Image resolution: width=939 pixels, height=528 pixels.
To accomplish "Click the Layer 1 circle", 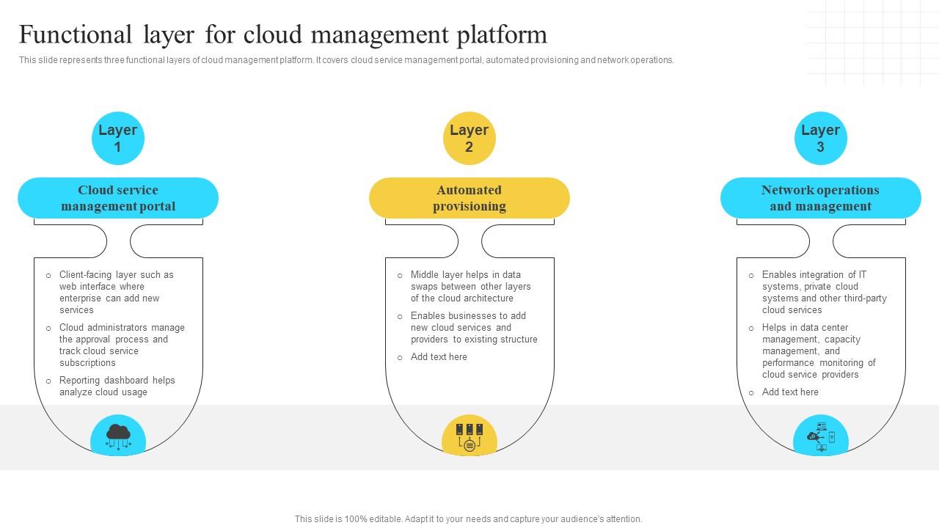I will pos(118,138).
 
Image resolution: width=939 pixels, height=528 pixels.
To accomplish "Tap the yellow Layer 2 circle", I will pos(469,138).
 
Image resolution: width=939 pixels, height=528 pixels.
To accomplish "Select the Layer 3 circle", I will pos(820,138).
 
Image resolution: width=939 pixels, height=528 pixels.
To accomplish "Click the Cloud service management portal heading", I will pos(118,198).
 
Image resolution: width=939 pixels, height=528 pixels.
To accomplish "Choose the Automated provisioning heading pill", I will pos(469,198).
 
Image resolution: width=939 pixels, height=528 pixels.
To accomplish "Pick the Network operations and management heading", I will pos(820,198).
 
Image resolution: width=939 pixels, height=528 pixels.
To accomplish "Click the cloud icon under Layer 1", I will pos(118,436).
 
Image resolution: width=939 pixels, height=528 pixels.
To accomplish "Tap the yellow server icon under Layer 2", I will pos(469,436).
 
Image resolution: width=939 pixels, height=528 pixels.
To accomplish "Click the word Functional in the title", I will pos(70,34).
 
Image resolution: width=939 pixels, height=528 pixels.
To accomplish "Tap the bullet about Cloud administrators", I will pos(122,345).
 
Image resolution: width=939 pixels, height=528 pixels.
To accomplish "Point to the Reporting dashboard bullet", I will pos(117,386).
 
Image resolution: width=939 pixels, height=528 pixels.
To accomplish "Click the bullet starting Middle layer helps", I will pos(470,286).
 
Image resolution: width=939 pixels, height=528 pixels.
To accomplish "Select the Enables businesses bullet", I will pos(473,327).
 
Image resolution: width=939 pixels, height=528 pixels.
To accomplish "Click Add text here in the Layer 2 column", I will pos(439,357).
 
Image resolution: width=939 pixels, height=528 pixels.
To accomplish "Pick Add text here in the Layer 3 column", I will pos(790,392).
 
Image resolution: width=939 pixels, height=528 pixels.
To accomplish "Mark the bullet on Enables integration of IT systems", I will pos(824,292).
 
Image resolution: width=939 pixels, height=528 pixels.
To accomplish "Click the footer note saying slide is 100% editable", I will pos(468,518).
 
